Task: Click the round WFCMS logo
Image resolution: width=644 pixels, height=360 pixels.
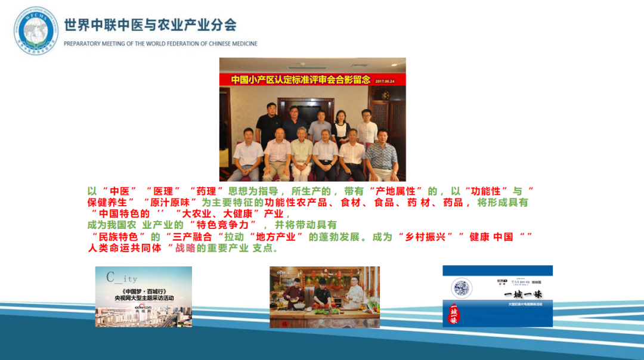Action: point(36,30)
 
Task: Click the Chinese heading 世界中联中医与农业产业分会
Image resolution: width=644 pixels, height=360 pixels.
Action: point(150,25)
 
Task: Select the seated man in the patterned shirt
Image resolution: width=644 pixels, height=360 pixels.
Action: point(382,154)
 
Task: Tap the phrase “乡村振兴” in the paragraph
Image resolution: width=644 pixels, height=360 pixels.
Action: point(426,237)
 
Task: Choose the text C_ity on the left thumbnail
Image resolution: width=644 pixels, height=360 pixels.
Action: point(122,278)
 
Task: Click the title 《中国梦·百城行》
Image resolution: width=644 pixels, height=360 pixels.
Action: point(143,291)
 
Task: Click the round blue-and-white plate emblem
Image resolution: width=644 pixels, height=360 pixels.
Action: point(462,288)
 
